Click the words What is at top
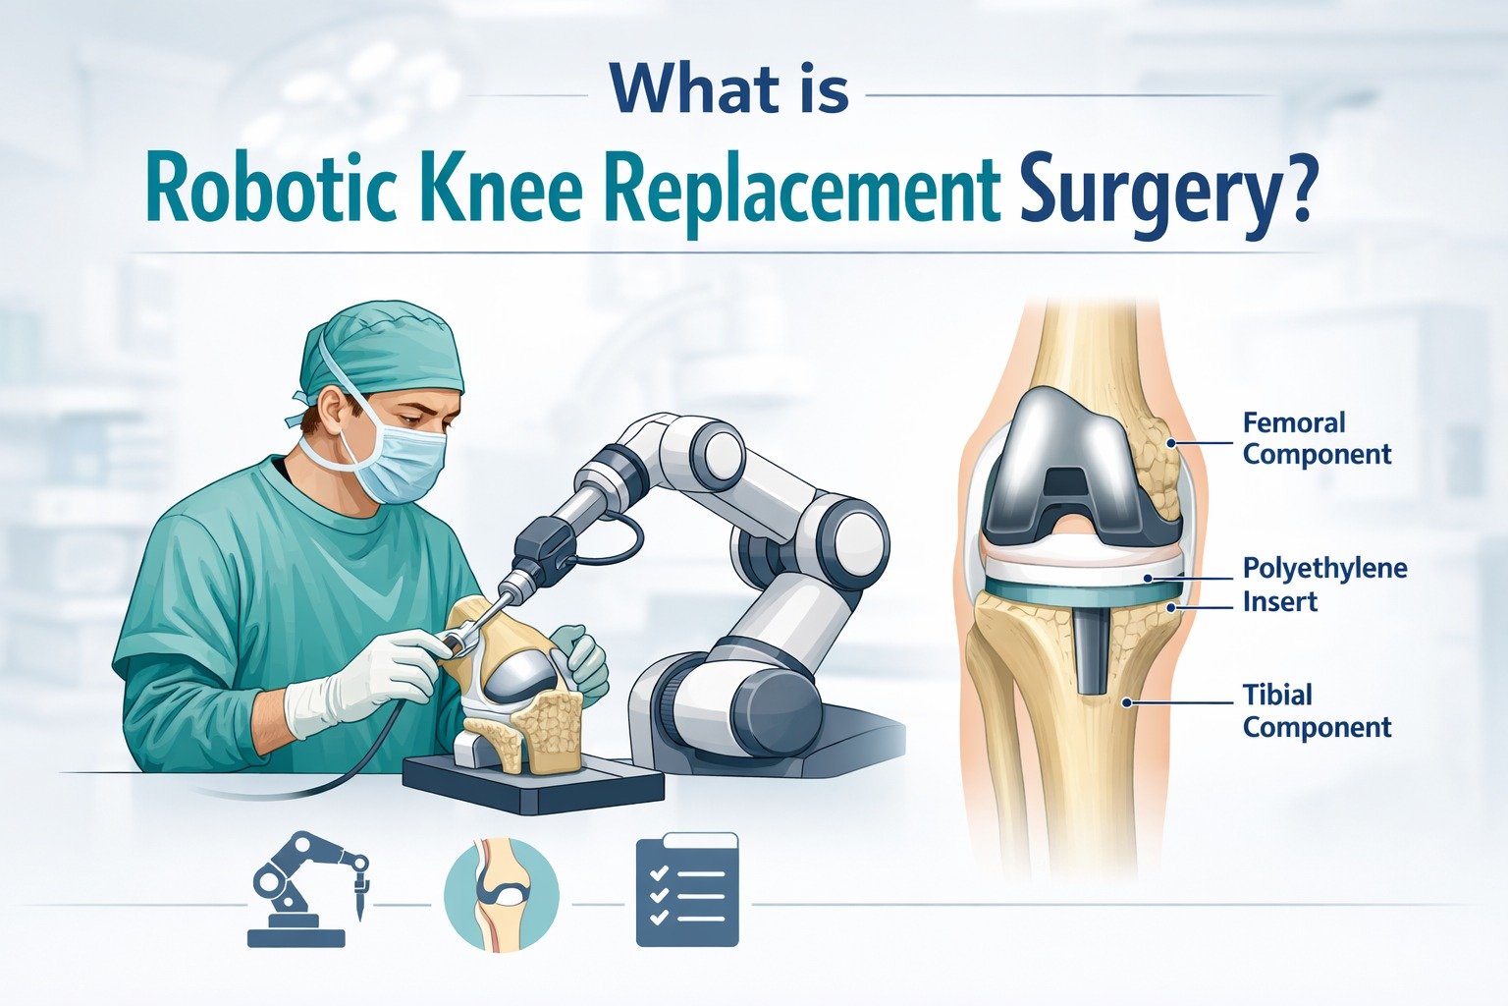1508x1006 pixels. click(728, 89)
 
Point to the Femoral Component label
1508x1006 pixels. click(1316, 438)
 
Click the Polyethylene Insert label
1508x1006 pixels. click(1323, 585)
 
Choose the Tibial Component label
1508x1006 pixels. click(1316, 710)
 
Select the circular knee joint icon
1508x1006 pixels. click(501, 892)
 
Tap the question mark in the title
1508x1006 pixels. click(1296, 187)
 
